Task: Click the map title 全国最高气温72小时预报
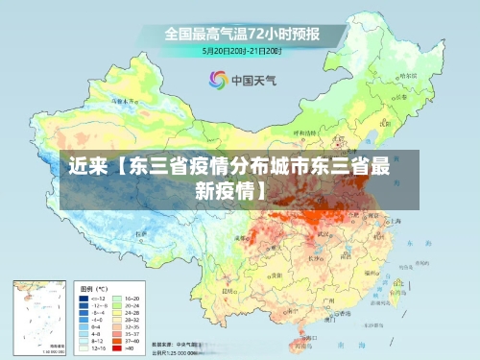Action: (241, 34)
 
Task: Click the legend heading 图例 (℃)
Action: (94, 288)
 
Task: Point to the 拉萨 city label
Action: (141, 233)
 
